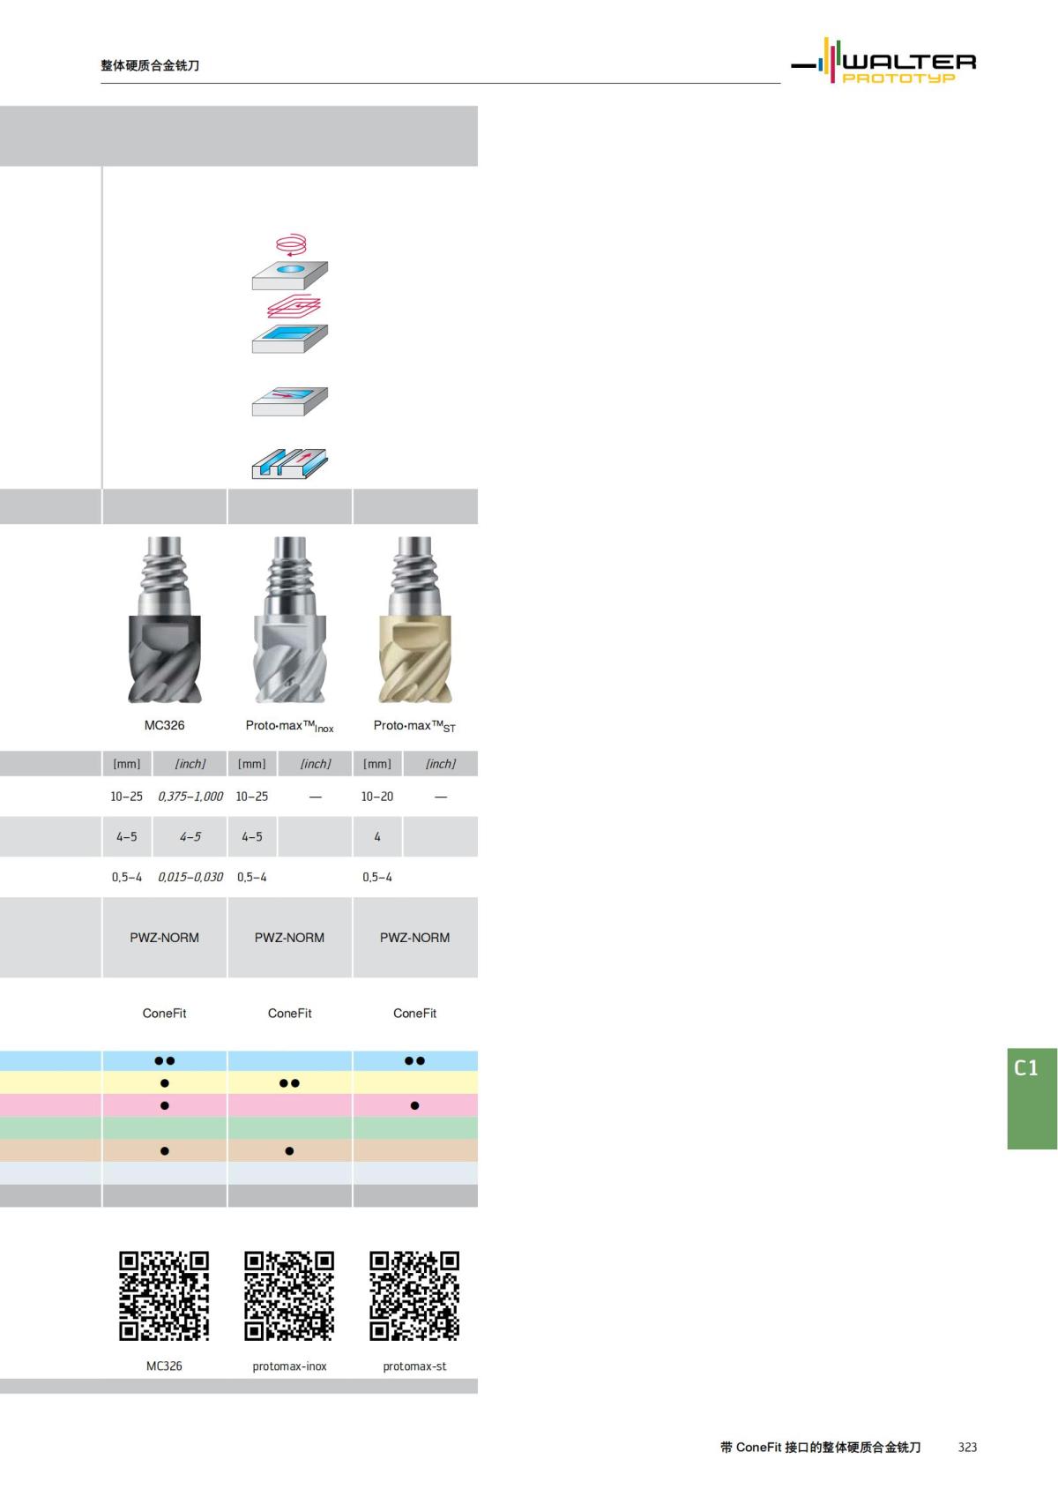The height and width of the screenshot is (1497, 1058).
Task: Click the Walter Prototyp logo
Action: tap(884, 62)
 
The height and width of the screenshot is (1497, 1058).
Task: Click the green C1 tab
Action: tap(1031, 1097)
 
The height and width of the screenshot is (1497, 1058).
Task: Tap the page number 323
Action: tap(967, 1447)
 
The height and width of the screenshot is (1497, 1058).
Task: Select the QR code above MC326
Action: tap(164, 1295)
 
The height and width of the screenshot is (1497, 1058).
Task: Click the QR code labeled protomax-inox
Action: tap(289, 1295)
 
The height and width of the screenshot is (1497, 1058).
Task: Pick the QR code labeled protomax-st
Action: tap(414, 1295)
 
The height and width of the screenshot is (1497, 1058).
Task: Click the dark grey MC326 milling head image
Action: tap(165, 622)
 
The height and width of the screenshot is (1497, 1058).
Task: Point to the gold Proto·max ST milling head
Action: tap(414, 622)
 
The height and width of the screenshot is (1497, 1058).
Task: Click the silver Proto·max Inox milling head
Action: tap(289, 622)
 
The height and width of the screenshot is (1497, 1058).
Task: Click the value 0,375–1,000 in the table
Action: tap(190, 796)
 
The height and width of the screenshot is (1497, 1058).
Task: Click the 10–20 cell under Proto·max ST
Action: tap(377, 796)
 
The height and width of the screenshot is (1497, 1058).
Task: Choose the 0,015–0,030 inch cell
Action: tap(190, 877)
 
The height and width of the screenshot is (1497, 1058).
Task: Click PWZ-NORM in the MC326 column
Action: tap(165, 938)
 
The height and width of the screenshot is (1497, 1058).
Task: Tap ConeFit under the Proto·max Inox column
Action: tap(289, 1013)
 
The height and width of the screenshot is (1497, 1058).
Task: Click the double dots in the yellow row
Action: tap(289, 1083)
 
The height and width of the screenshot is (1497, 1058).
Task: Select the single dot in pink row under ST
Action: tap(414, 1105)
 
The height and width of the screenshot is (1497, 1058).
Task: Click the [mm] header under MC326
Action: tap(127, 764)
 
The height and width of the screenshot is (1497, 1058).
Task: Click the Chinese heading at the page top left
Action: tap(150, 65)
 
